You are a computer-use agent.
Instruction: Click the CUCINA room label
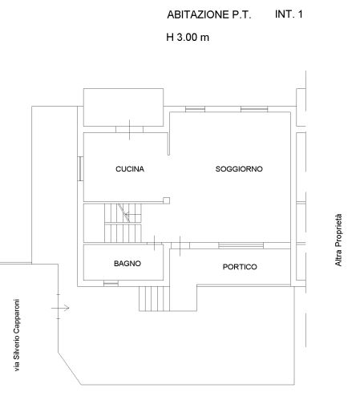(130, 169)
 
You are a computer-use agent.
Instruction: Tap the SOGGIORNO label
(239, 169)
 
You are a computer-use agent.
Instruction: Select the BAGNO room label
(127, 264)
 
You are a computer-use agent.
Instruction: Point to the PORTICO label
(240, 267)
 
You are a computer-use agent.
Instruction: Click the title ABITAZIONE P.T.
(209, 14)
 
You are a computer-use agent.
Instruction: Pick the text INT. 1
(289, 14)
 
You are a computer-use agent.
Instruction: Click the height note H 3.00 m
(188, 37)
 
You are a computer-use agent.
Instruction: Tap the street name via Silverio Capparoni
(17, 335)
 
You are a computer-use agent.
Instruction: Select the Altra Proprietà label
(338, 240)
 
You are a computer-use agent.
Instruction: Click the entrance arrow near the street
(60, 308)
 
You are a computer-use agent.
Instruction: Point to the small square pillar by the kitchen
(166, 200)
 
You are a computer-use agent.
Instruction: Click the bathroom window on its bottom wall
(111, 283)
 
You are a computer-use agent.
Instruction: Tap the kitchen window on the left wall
(80, 169)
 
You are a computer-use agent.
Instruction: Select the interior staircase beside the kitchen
(123, 223)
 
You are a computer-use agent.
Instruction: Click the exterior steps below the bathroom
(154, 299)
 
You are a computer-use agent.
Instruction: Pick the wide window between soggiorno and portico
(241, 245)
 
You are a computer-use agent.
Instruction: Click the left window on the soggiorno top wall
(195, 109)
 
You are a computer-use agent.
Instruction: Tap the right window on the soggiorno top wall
(254, 109)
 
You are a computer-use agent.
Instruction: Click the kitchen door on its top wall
(129, 130)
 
